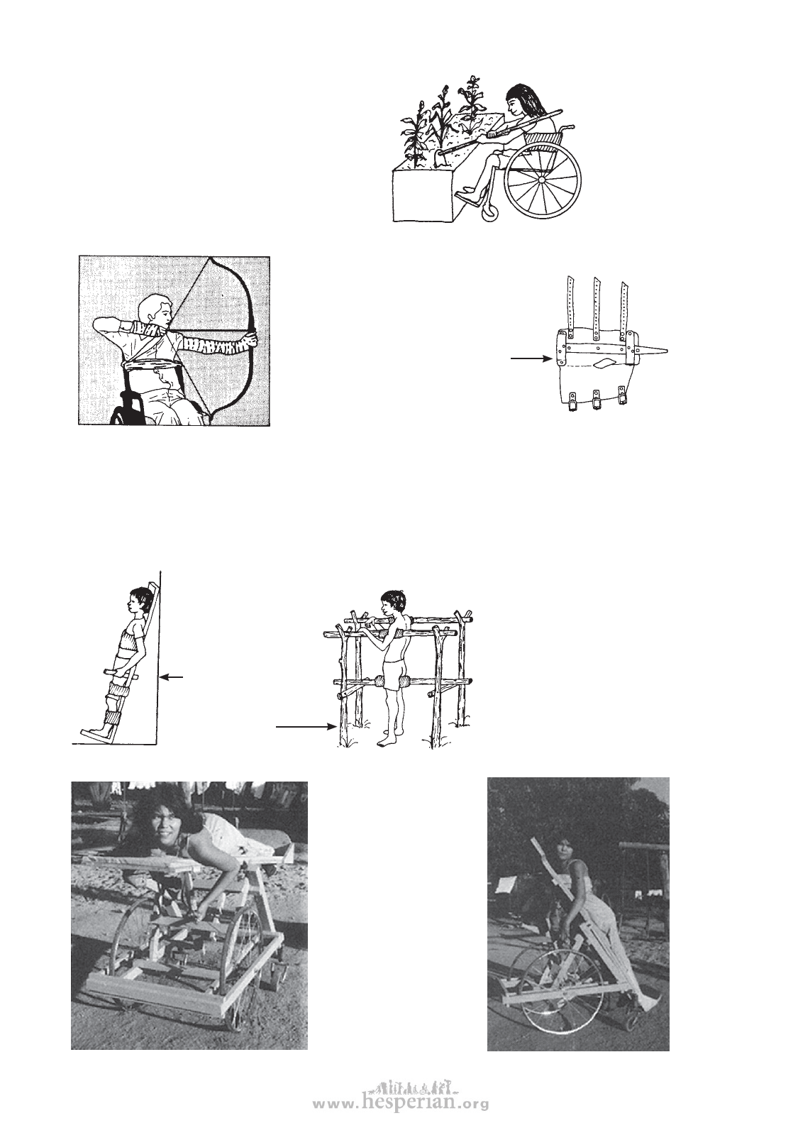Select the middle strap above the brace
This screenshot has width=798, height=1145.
pyautogui.click(x=597, y=309)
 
